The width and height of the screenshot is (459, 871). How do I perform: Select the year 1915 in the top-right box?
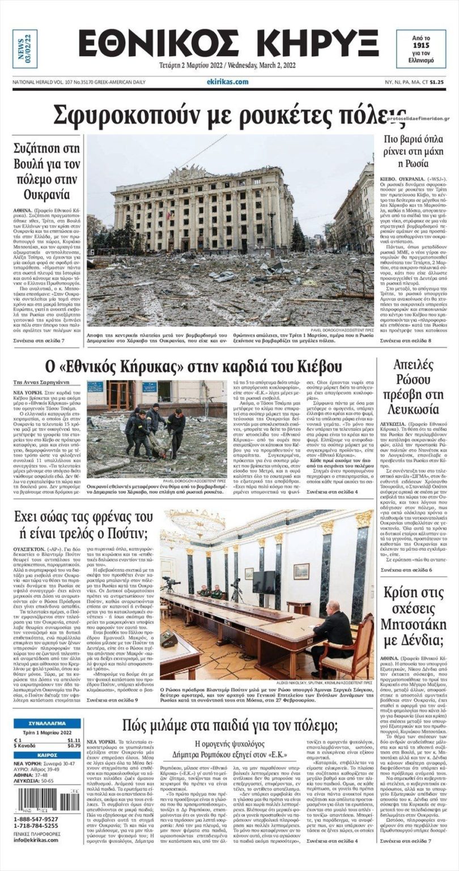(x=421, y=44)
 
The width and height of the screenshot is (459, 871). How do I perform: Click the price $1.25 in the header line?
(x=436, y=82)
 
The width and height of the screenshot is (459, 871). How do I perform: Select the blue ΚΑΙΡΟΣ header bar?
(x=47, y=755)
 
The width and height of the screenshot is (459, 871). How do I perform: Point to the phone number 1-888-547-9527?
(x=36, y=819)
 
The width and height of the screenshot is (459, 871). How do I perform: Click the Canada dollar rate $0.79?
(x=74, y=745)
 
